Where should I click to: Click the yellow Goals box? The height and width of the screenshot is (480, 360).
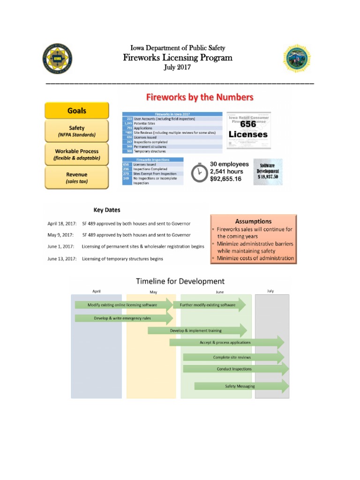tap(77, 111)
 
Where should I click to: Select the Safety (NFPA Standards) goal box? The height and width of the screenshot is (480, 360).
tap(77, 131)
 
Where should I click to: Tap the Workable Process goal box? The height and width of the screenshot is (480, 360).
tap(77, 155)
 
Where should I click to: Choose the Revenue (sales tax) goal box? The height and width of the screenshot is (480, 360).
tap(77, 178)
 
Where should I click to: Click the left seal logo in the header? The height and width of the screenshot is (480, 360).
tap(57, 59)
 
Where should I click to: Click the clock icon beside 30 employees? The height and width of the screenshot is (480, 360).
tap(200, 172)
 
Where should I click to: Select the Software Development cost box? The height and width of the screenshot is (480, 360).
tap(268, 172)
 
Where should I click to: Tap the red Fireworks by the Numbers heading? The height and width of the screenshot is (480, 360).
tap(200, 97)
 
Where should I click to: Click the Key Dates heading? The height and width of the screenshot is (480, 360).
tap(107, 210)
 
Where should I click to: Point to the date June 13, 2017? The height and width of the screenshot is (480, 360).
tap(61, 259)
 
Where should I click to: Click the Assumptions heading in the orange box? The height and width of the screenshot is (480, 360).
tap(253, 221)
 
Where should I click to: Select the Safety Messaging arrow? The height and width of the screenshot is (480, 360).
tap(241, 386)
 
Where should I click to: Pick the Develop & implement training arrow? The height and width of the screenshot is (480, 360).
tap(197, 330)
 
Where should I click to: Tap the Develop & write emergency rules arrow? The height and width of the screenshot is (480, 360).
tap(123, 318)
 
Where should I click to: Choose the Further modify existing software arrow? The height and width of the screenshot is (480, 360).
tap(209, 305)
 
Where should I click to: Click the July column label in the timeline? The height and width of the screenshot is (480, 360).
tap(270, 291)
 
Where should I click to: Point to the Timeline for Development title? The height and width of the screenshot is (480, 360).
tap(180, 281)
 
